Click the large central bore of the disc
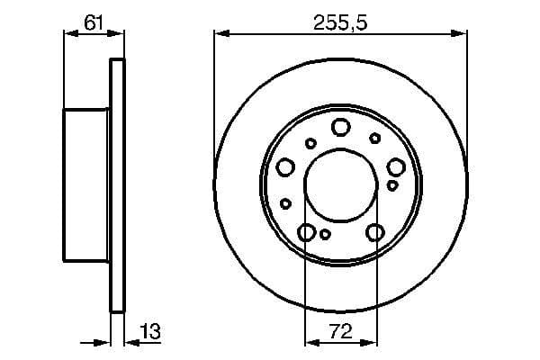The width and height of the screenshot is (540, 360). coord(340,187)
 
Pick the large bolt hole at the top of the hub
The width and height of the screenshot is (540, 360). coord(340,127)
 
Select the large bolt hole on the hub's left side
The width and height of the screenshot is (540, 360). coord(285,166)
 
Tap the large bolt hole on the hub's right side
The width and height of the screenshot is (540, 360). coord(396,166)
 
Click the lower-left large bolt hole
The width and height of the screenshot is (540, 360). coord(306,233)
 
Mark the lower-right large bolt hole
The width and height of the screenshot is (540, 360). coord(375,233)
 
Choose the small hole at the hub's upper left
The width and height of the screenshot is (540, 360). coord(310,142)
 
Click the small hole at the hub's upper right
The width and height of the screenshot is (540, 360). coord(374,138)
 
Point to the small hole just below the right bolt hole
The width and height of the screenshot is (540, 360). coord(392,184)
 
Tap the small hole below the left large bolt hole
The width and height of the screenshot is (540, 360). coord(285,203)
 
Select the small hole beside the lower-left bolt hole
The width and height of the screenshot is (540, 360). coord(326,235)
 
